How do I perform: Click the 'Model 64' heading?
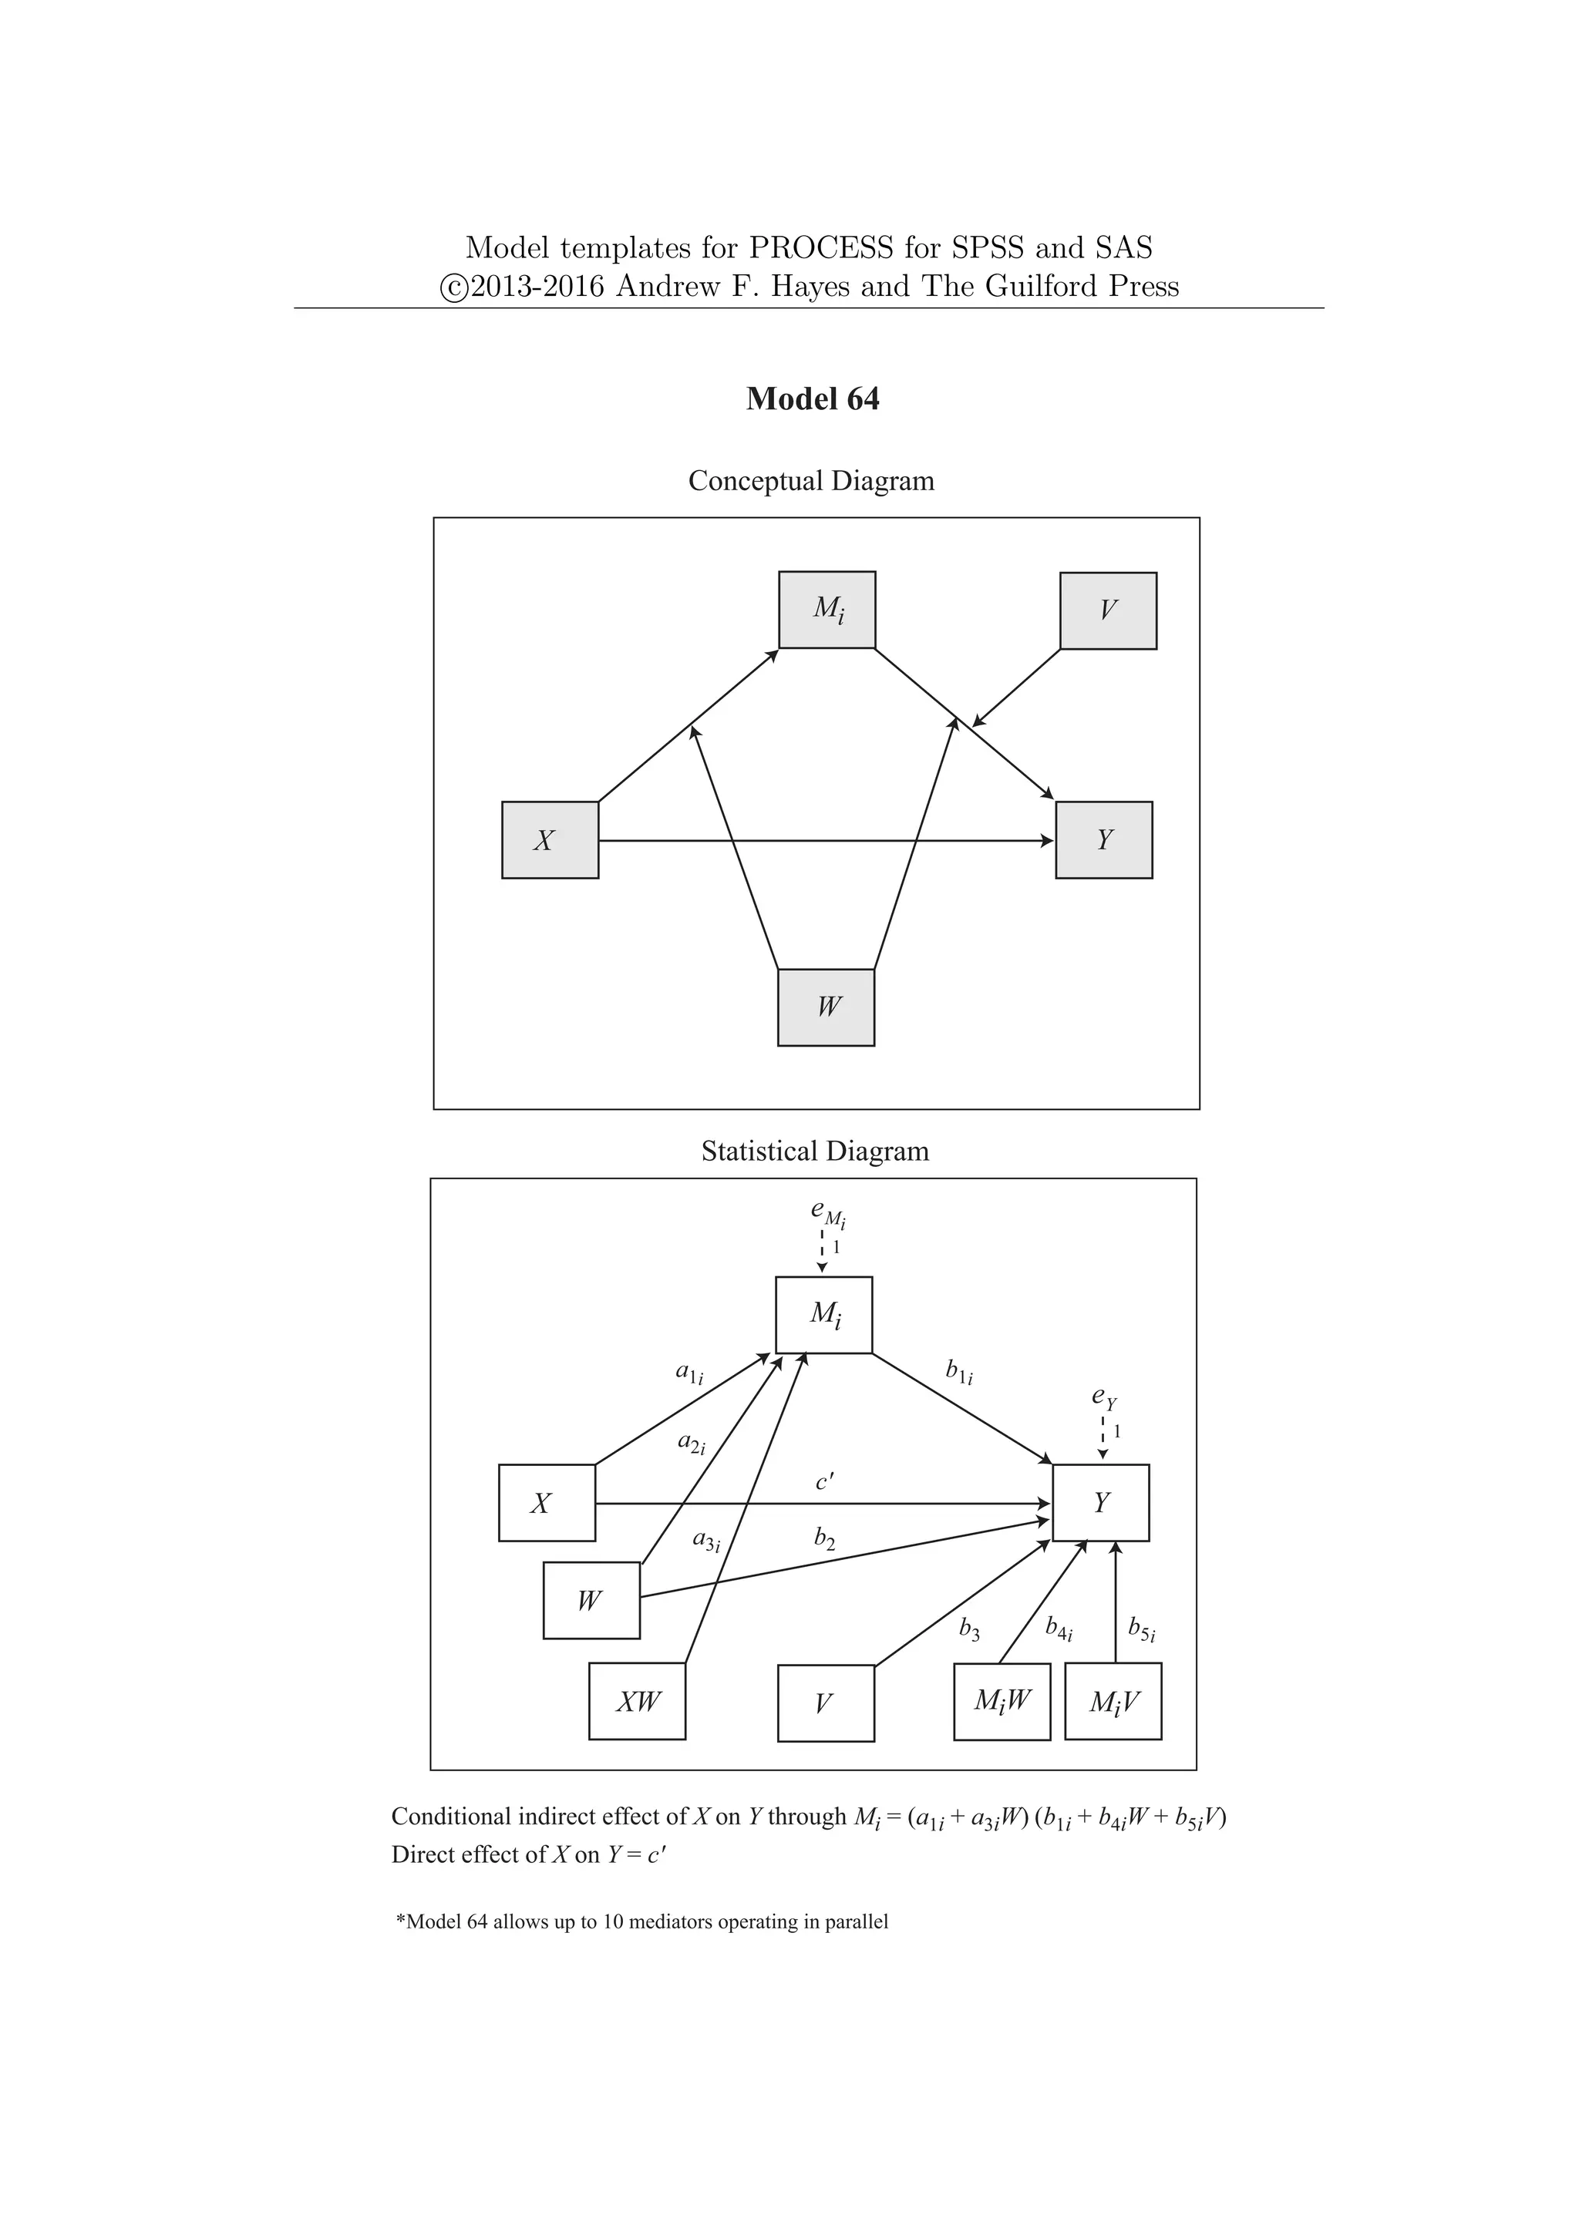812,399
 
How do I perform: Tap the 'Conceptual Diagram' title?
811,481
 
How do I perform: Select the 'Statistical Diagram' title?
815,1152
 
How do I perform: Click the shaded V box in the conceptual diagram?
1107,610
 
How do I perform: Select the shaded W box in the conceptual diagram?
826,1007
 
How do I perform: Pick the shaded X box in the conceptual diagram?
550,840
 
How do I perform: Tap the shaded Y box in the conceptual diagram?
1103,840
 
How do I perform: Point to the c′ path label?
824,1481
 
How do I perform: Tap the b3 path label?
969,1629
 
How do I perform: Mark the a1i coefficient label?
689,1373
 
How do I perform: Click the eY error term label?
1103,1398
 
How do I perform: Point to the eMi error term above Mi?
827,1212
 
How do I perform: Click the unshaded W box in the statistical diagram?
590,1600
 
